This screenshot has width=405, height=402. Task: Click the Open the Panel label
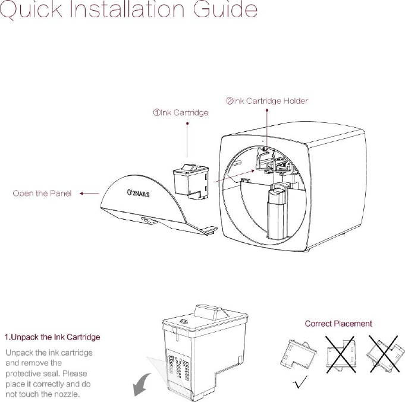42,193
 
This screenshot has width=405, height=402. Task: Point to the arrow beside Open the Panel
89,193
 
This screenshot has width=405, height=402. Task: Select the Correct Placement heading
338,324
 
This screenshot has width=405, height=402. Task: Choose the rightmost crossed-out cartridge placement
384,356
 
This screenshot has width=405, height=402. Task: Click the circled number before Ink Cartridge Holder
228,101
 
